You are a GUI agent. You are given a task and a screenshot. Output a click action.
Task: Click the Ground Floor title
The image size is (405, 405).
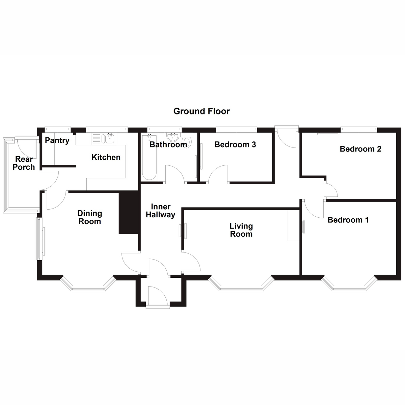pyautogui.click(x=201, y=111)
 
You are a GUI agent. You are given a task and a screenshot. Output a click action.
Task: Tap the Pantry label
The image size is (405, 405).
pyautogui.click(x=57, y=140)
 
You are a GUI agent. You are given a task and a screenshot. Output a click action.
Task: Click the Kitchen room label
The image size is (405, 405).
pyautogui.click(x=106, y=157)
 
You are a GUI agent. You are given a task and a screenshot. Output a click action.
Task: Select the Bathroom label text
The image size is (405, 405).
pyautogui.click(x=168, y=144)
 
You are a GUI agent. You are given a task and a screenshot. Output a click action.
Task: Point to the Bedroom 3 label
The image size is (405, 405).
pyautogui.click(x=235, y=144)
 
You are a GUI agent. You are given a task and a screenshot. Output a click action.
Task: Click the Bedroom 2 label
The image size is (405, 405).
pyautogui.click(x=360, y=149)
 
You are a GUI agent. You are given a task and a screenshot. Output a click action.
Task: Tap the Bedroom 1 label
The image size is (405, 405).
pyautogui.click(x=348, y=220)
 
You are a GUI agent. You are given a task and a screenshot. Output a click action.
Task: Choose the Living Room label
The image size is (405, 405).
pyautogui.click(x=241, y=230)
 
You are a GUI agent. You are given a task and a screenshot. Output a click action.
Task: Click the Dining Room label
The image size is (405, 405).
pyautogui.click(x=89, y=217)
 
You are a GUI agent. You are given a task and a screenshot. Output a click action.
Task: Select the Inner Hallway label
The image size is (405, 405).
pyautogui.click(x=160, y=211)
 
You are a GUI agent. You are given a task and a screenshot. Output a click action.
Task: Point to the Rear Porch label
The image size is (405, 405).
pyautogui.click(x=24, y=163)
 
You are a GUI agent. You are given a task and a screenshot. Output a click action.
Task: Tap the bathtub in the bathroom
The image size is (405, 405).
pyautogui.click(x=149, y=157)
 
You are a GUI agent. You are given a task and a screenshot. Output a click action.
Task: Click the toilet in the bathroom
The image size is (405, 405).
pyautogui.click(x=186, y=140)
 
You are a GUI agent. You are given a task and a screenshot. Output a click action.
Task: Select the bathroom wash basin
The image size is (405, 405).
pyautogui.click(x=173, y=137)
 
